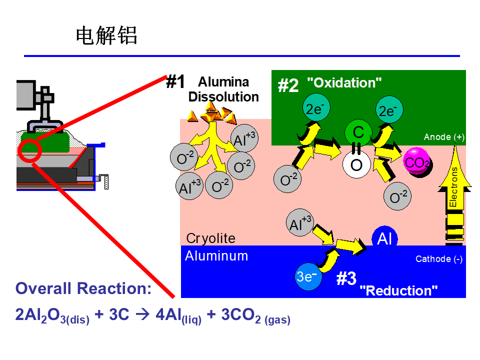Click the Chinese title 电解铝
point(106,35)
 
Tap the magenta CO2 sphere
point(416,162)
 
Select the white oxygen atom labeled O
point(356,164)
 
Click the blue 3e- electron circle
point(308,276)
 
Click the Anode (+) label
point(444,137)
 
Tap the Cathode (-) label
point(438,259)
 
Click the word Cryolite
point(210,238)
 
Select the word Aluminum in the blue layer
point(216,256)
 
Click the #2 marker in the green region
point(288,85)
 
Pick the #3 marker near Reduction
point(346,278)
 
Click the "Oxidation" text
point(344,82)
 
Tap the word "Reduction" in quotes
point(398,290)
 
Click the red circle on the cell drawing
point(19,151)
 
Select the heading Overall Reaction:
point(83,288)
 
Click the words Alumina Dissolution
point(223,89)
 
